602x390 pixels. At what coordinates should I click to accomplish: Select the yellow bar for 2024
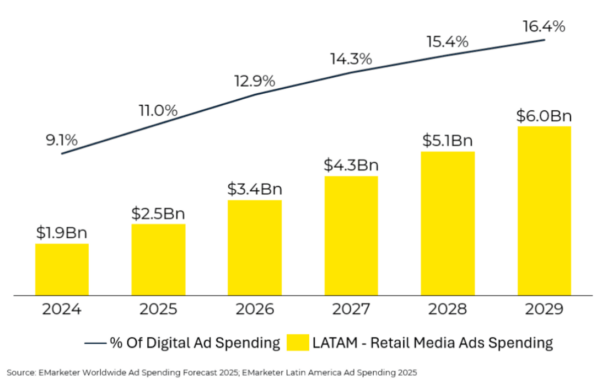(62, 269)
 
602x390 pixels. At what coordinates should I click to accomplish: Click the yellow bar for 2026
(255, 248)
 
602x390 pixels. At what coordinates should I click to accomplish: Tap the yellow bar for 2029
(544, 211)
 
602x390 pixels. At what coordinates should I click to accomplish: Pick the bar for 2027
(351, 236)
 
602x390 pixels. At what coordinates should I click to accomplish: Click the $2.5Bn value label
(158, 213)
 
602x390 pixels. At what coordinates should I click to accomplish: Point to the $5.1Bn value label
(448, 140)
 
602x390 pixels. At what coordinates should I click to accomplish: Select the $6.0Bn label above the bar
(544, 116)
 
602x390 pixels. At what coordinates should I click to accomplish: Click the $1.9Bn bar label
(62, 233)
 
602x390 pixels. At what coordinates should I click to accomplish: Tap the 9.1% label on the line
(62, 140)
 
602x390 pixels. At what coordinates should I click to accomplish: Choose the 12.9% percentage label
(255, 81)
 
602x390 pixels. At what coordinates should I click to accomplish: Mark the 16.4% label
(544, 26)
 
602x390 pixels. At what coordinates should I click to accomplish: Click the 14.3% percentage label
(351, 59)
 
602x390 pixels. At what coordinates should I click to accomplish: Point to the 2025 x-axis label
(158, 309)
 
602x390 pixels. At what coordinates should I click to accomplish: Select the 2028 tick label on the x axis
(448, 309)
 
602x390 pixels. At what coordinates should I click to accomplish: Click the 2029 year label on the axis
(544, 309)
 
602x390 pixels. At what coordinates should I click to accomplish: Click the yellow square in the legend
(298, 342)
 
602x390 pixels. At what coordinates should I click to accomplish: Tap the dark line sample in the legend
(95, 343)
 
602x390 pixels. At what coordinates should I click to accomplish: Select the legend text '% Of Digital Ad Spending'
(195, 342)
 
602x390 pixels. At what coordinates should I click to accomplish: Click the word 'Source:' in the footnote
(22, 373)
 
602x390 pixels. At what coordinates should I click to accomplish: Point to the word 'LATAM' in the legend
(335, 342)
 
